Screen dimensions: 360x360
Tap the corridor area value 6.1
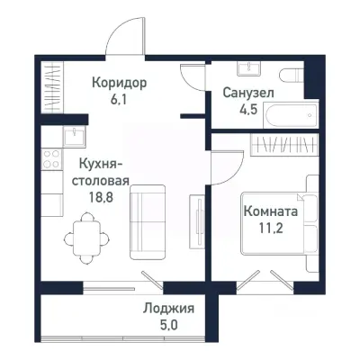point(119,100)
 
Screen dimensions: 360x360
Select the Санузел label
point(248,93)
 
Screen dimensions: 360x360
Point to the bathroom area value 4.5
point(248,110)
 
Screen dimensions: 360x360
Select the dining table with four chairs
point(85,232)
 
